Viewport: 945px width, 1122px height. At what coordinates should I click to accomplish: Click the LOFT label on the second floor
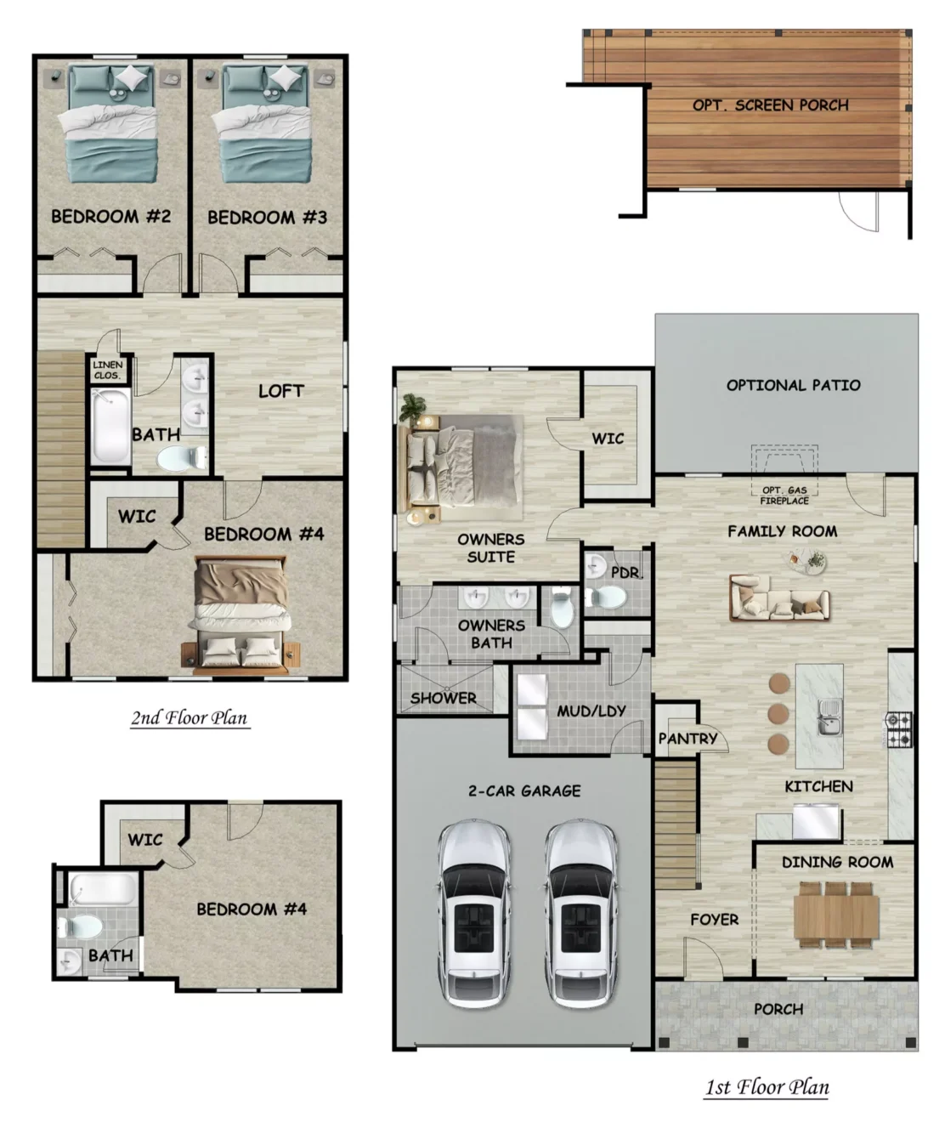point(281,391)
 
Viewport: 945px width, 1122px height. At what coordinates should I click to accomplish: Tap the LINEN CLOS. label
point(107,371)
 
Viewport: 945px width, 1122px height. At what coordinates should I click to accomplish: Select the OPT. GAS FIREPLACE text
point(784,496)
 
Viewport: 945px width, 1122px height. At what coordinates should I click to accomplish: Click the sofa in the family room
point(779,598)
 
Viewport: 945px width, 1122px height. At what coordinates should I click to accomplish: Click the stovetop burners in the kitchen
point(899,730)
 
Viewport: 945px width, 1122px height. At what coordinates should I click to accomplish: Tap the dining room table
point(836,914)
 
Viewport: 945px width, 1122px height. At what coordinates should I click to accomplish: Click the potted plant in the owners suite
point(412,407)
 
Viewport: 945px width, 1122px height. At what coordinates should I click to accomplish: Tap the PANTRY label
point(688,738)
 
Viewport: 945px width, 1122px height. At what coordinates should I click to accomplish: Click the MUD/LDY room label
point(591,711)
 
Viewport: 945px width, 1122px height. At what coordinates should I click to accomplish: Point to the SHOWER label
point(444,698)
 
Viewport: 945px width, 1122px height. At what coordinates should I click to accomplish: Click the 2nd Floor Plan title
point(190,717)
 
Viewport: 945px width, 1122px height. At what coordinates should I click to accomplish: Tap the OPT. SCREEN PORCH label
point(771,105)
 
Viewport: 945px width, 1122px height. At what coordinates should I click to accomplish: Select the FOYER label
point(714,920)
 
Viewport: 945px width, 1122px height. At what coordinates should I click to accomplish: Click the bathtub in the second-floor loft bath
point(110,426)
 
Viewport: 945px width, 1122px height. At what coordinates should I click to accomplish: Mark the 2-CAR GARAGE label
point(524,790)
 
